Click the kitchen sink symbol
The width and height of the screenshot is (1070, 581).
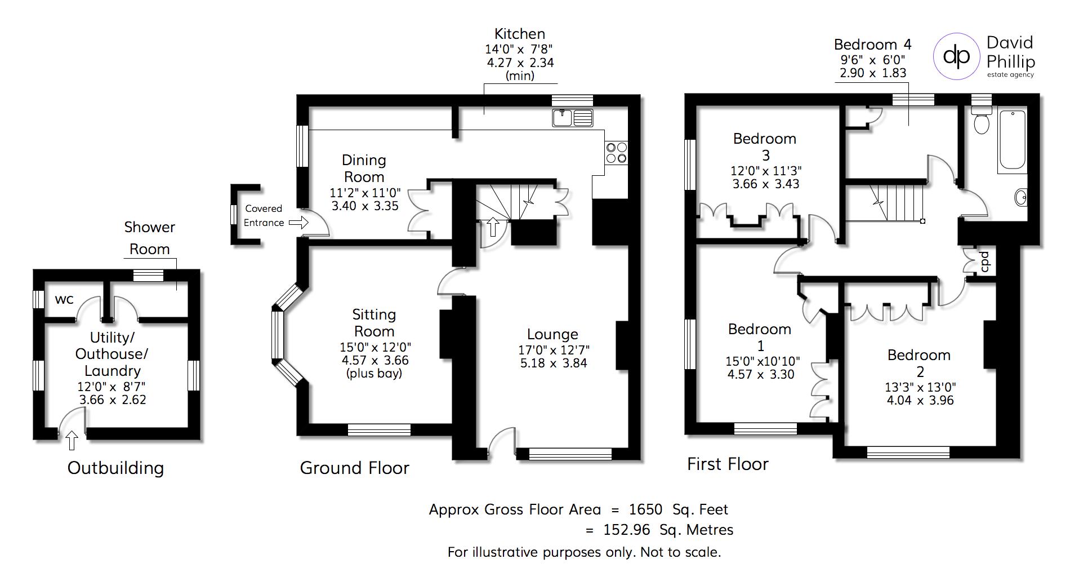(x=573, y=118)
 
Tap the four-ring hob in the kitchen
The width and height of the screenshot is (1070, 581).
(x=616, y=152)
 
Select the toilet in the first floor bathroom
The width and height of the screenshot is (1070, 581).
(x=982, y=121)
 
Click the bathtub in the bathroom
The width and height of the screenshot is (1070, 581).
(x=1012, y=140)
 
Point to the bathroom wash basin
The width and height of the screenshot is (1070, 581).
(x=1021, y=197)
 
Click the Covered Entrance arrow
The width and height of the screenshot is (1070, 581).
(x=299, y=223)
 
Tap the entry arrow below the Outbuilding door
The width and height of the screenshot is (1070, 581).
(x=72, y=440)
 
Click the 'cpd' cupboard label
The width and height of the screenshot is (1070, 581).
(x=985, y=261)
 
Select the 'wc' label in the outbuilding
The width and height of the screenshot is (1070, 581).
(x=64, y=299)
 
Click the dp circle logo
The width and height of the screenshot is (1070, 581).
(x=956, y=55)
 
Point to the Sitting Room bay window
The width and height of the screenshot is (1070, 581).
(x=278, y=335)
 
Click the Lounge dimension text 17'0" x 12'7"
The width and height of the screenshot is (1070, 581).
(x=554, y=350)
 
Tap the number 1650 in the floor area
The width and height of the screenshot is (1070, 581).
(x=645, y=509)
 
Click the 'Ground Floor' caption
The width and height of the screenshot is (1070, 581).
(x=354, y=468)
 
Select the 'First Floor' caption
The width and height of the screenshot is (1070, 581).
(x=728, y=464)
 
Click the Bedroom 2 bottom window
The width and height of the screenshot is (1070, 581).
(x=908, y=452)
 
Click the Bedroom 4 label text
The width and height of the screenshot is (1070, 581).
(x=872, y=45)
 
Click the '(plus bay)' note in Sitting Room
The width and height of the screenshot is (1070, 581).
(x=374, y=374)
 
